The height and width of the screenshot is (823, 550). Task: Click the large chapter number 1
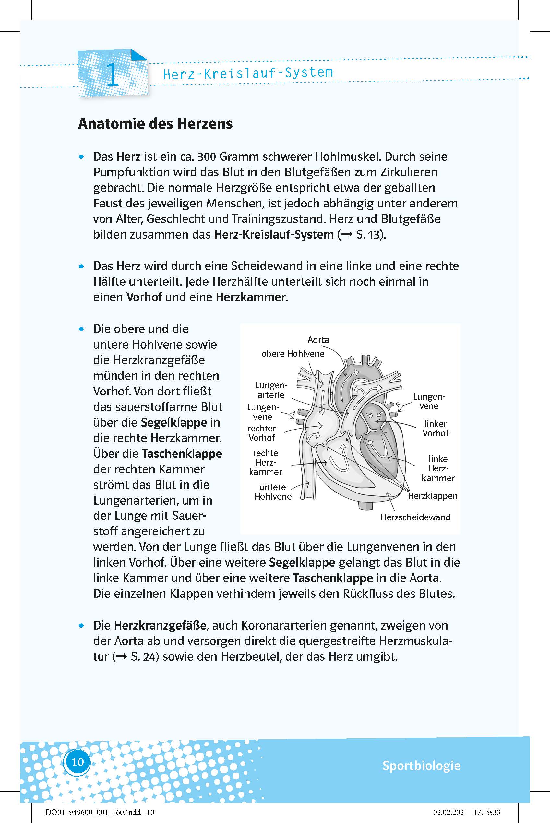tap(112, 74)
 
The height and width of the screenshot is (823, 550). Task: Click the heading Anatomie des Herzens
tap(155, 124)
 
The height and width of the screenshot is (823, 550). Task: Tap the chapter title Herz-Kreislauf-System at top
tap(248, 73)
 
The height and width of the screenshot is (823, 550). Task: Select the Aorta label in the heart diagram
tap(318, 340)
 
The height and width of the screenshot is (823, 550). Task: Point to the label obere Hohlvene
tap(293, 354)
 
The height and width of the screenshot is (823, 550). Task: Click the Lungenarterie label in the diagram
tap(271, 390)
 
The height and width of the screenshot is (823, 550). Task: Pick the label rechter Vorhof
tap(262, 433)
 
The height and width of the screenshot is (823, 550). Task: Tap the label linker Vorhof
tap(435, 428)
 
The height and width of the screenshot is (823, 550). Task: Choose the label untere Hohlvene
tap(273, 492)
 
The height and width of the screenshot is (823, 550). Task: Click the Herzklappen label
tap(433, 496)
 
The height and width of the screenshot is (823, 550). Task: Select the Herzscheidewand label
tap(415, 517)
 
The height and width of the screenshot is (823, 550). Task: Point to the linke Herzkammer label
tap(438, 468)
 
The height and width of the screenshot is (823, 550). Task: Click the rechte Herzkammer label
tap(266, 462)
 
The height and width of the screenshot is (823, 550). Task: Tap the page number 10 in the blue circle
tap(78, 762)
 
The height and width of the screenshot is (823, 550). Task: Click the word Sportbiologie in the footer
tap(421, 766)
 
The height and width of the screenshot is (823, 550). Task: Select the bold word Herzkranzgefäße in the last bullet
tap(160, 625)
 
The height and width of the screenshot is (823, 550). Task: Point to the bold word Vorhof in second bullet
tap(144, 297)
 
